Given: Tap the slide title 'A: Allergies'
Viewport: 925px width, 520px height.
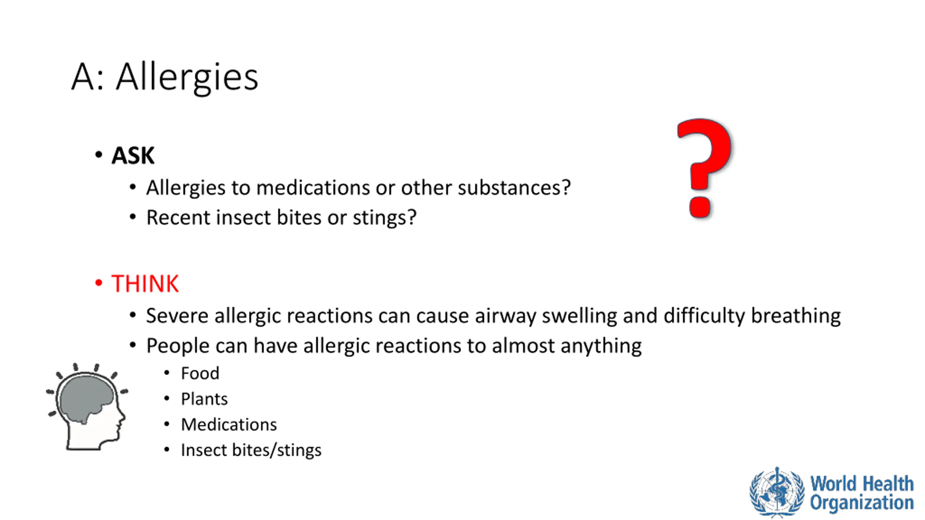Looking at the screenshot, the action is (x=165, y=77).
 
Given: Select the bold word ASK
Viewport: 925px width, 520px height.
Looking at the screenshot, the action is (x=133, y=156).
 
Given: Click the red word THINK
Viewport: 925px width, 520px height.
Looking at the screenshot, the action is (x=145, y=283).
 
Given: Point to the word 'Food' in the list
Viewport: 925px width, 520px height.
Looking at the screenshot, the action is (x=200, y=373).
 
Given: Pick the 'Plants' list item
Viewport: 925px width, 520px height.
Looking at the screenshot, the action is (x=205, y=399).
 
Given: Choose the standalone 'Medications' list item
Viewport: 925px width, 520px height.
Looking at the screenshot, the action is (x=229, y=425).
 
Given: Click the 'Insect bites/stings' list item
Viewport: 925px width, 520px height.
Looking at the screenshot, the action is (x=251, y=450).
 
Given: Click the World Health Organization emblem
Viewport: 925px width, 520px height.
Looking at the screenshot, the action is (x=777, y=492).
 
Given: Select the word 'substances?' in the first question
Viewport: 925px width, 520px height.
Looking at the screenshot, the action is (x=514, y=188).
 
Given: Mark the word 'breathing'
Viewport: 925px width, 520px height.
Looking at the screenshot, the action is (x=796, y=316).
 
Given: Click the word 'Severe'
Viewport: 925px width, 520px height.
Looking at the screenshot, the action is (x=177, y=316).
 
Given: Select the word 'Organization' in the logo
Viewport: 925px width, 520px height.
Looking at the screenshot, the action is (x=862, y=503).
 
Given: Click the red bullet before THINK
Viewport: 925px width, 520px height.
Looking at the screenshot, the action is (x=98, y=283).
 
